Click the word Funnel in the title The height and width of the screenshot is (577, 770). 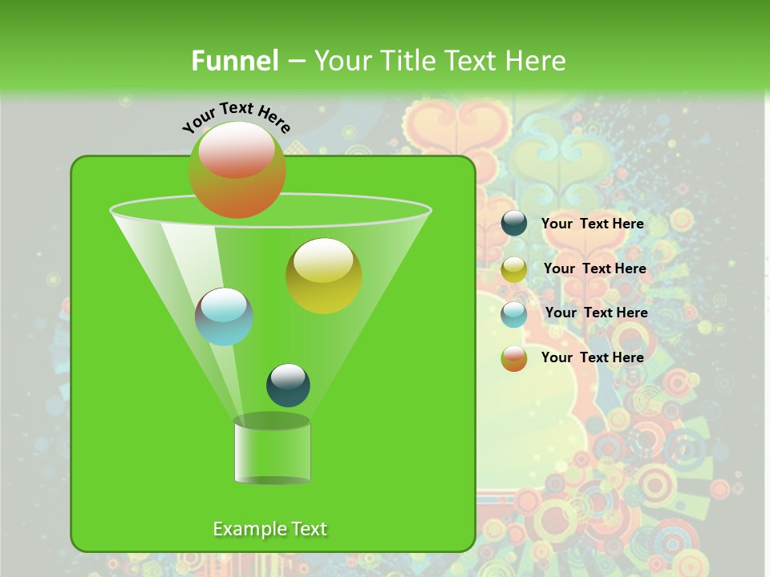(x=234, y=61)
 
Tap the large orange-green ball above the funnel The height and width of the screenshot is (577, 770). (x=237, y=169)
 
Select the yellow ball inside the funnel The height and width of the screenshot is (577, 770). (x=323, y=276)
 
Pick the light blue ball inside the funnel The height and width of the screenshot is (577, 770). (x=224, y=317)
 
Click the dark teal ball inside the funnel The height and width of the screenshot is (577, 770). (x=288, y=385)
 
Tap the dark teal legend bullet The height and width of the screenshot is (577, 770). (x=514, y=224)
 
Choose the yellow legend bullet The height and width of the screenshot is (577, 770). (x=514, y=269)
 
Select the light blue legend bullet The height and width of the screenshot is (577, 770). (x=514, y=314)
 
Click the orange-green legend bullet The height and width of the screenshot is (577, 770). (x=514, y=358)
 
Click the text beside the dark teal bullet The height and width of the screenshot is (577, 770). (x=592, y=224)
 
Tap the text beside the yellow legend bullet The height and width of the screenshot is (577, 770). (x=594, y=268)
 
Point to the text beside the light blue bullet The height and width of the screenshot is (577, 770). (x=596, y=313)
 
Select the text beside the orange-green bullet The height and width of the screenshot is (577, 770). (x=592, y=357)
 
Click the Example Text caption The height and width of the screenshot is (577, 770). (x=269, y=529)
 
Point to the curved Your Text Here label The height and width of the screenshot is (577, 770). (x=237, y=116)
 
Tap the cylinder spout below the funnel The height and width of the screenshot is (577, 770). (x=272, y=450)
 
